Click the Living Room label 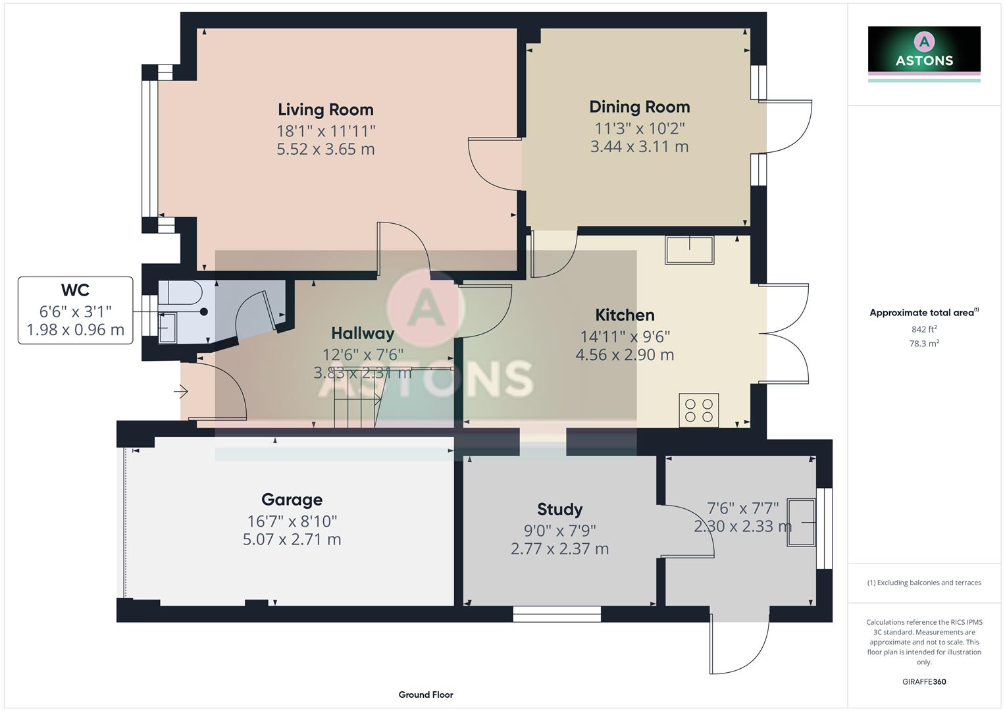coord(325,109)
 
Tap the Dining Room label coord(639,107)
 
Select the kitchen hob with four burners coord(698,410)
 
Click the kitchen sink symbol coord(689,250)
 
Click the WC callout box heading coord(75,290)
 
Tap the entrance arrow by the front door coord(181,392)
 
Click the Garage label coord(292,500)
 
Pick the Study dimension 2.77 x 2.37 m coord(559,548)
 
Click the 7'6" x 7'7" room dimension coord(742,508)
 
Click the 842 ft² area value coord(923,329)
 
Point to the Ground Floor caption coord(426,695)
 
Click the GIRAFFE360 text coord(923,681)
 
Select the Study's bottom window coord(557,614)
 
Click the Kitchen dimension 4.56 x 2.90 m coord(625,355)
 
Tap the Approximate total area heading coord(923,313)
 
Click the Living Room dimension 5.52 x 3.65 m coord(325,149)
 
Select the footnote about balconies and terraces coord(923,583)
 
